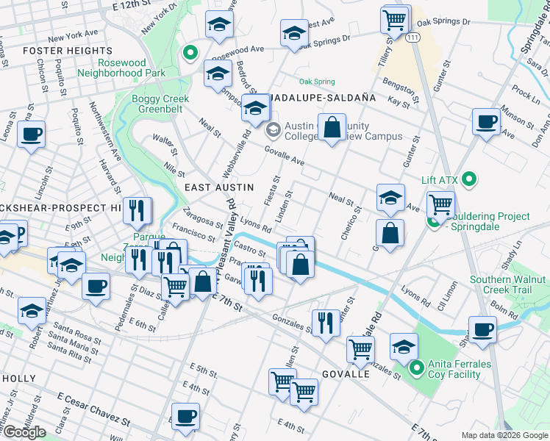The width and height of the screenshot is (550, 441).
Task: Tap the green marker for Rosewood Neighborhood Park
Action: pos(190,52)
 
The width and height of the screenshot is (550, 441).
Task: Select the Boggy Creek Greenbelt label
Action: pos(160,104)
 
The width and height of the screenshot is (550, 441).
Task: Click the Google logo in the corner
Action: pos(24,432)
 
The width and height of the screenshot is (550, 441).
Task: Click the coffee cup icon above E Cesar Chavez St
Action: pos(185,417)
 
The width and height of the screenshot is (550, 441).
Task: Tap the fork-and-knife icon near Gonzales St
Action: pos(326,323)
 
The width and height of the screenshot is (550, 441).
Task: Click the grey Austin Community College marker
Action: pos(273,131)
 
